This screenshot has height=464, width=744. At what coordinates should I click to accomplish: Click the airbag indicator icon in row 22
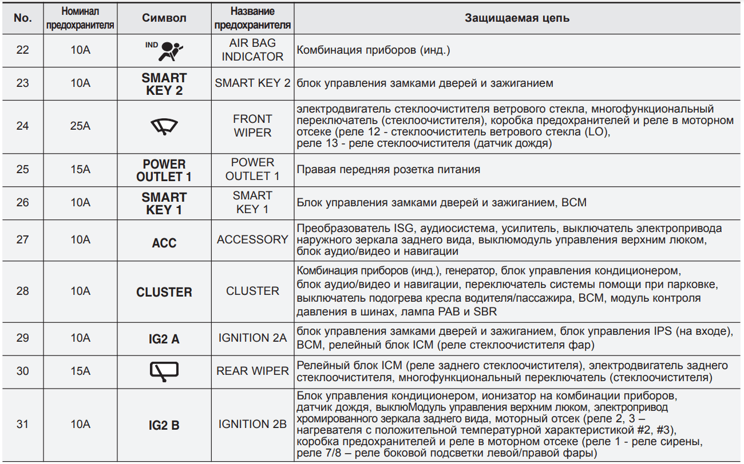tap(168, 50)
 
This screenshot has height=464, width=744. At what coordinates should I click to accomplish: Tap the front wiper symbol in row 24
tap(164, 127)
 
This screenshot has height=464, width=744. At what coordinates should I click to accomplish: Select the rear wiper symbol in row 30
tap(164, 371)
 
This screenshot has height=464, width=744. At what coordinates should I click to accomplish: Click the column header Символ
tap(164, 18)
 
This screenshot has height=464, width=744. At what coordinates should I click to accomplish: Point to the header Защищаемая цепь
tap(517, 18)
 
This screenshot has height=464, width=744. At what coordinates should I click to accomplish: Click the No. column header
tap(23, 18)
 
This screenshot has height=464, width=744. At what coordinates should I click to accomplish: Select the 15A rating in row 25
tap(80, 170)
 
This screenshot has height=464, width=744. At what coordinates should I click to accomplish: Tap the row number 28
tap(23, 291)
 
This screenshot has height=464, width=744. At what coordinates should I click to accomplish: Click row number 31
tap(23, 425)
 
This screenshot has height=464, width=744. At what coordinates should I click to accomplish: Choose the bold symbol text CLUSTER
tap(164, 292)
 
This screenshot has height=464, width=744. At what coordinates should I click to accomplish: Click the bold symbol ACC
tap(164, 243)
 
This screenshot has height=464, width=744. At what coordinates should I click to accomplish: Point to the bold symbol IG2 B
tap(164, 425)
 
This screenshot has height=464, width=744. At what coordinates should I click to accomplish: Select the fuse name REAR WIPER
tap(252, 371)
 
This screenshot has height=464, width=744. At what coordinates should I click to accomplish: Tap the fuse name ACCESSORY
tap(252, 240)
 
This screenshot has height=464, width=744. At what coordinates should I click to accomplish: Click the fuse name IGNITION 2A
tap(252, 338)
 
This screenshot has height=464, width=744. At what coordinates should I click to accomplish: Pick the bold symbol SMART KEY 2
tap(164, 84)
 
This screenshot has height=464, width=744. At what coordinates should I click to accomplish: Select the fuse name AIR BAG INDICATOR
tap(252, 50)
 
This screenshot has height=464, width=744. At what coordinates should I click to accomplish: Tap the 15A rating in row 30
tap(80, 371)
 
